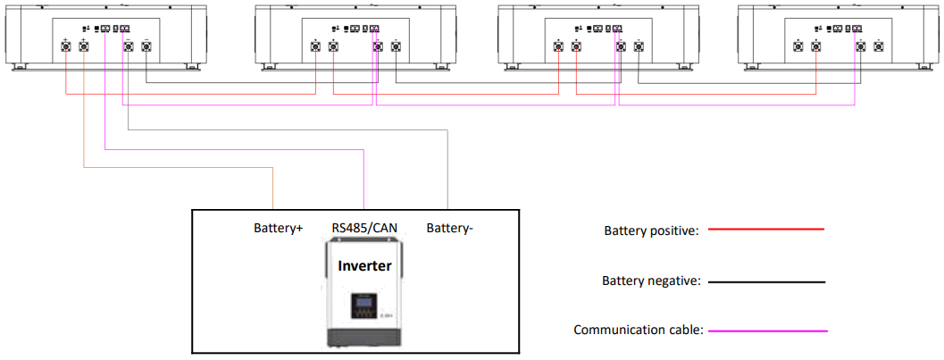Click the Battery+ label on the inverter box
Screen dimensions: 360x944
click(279, 229)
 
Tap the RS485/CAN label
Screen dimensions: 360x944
click(363, 229)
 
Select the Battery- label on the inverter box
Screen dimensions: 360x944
click(449, 229)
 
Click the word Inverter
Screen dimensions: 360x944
click(363, 265)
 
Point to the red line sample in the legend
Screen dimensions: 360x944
click(766, 230)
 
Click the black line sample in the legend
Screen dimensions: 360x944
click(766, 281)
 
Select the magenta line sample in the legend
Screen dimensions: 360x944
click(766, 331)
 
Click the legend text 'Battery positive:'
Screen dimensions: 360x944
click(650, 230)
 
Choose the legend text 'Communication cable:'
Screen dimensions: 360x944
click(639, 331)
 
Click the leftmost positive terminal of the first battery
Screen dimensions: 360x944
click(66, 46)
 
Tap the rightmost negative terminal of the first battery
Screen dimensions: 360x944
click(146, 46)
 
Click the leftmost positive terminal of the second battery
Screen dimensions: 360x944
click(315, 46)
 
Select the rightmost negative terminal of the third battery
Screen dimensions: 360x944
click(639, 46)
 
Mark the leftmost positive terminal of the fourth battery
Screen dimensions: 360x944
click(798, 46)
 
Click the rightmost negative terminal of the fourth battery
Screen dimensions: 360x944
click(879, 46)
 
